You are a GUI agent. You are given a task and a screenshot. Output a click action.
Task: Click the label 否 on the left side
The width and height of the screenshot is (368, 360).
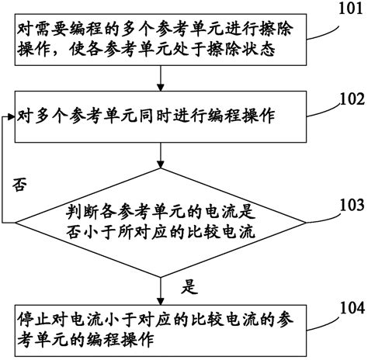(23, 186)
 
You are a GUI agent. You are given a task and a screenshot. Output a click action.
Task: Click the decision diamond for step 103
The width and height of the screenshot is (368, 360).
(160, 220)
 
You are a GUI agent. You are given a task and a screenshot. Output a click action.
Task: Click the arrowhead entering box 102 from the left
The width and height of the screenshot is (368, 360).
(10, 117)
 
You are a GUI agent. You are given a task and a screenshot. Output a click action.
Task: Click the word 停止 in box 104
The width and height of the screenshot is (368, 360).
(30, 318)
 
